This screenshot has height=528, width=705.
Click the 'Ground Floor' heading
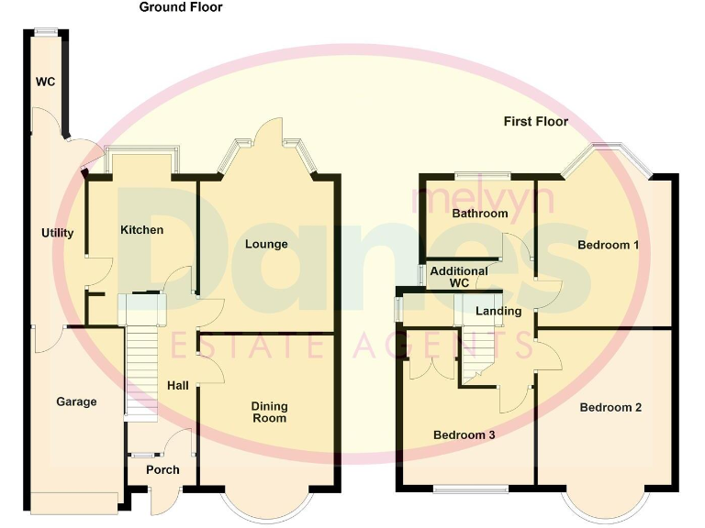click(181, 7)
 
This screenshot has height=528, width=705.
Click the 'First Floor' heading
click(536, 121)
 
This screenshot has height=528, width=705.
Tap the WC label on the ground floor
click(46, 82)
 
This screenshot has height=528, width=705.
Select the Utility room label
click(57, 233)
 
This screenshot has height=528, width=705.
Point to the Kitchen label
click(142, 229)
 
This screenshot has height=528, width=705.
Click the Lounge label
click(266, 244)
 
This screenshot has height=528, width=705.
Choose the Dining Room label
click(270, 412)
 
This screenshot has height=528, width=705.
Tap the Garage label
click(76, 401)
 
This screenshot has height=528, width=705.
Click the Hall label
click(178, 385)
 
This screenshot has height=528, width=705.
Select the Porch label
click(163, 470)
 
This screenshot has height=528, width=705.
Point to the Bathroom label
click(480, 214)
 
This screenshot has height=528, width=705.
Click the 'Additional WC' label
click(459, 277)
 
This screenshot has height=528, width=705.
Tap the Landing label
click(498, 311)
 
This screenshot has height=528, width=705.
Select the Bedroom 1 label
click(609, 245)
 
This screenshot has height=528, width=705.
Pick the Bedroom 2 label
click(610, 407)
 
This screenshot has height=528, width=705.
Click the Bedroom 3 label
click(464, 435)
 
